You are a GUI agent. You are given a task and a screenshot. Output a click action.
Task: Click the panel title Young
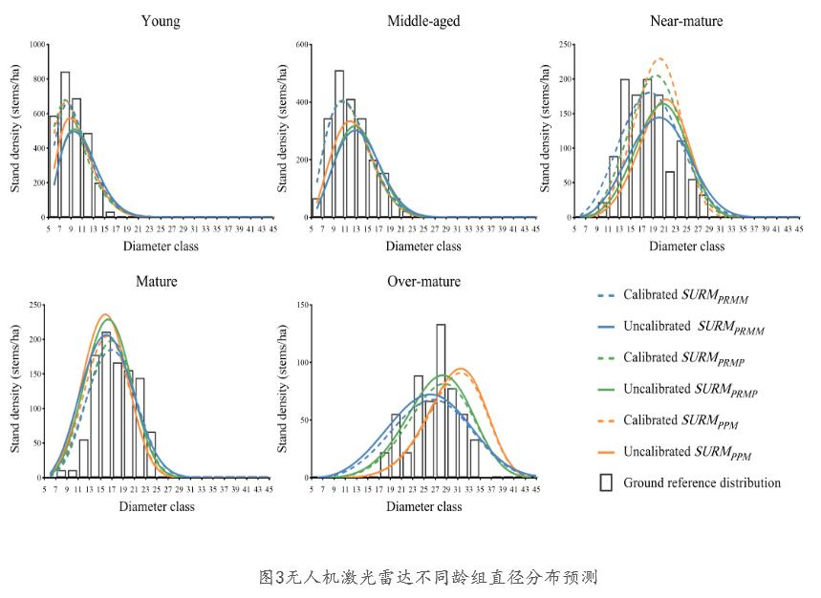(x=160, y=20)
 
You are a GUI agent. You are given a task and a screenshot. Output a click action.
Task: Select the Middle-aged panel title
(x=423, y=20)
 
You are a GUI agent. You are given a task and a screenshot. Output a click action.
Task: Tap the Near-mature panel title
(x=686, y=20)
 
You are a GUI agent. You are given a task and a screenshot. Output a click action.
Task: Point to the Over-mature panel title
(x=423, y=282)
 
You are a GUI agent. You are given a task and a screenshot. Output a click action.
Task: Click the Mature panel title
(x=157, y=282)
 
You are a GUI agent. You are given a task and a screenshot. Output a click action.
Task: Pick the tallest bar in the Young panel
(x=65, y=143)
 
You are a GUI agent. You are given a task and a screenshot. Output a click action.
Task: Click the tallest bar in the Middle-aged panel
(x=339, y=143)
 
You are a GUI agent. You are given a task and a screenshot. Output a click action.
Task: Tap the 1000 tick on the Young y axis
(x=37, y=44)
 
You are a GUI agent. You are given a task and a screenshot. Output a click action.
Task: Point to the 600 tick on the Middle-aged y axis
(x=302, y=45)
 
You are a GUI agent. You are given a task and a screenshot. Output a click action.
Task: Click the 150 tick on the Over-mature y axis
(x=302, y=306)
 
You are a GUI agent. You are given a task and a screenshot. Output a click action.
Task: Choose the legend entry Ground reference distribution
(x=702, y=482)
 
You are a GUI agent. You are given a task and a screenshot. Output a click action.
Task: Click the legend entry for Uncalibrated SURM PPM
(x=684, y=452)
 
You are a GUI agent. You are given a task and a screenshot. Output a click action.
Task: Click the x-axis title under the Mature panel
(x=157, y=506)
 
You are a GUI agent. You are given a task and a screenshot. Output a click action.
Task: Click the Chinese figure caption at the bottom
(x=429, y=577)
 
